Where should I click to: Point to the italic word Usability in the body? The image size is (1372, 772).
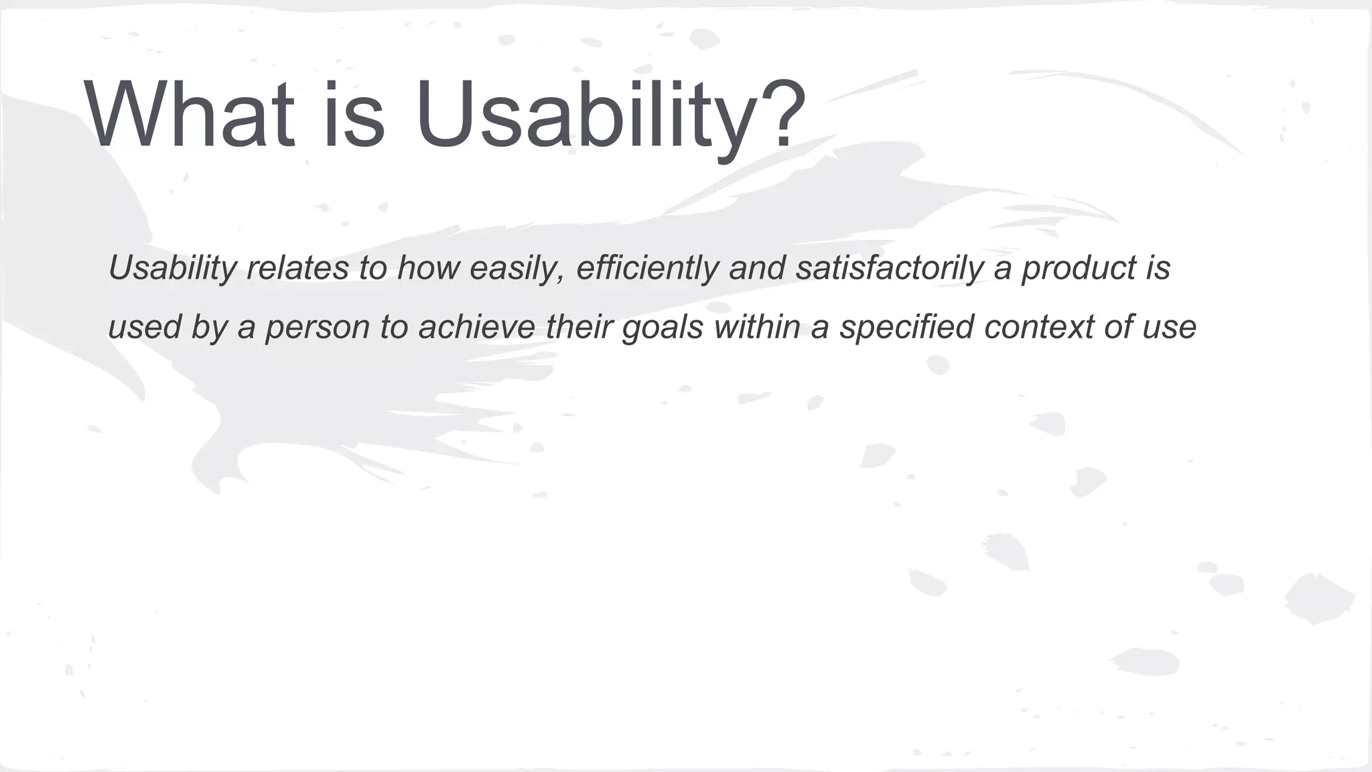172,268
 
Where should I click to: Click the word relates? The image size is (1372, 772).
297,268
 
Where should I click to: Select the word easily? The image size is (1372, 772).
517,268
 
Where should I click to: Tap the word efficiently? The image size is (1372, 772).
647,268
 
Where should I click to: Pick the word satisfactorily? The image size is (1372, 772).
890,268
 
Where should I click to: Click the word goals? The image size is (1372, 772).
663,328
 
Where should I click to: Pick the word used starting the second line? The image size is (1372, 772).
144,326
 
